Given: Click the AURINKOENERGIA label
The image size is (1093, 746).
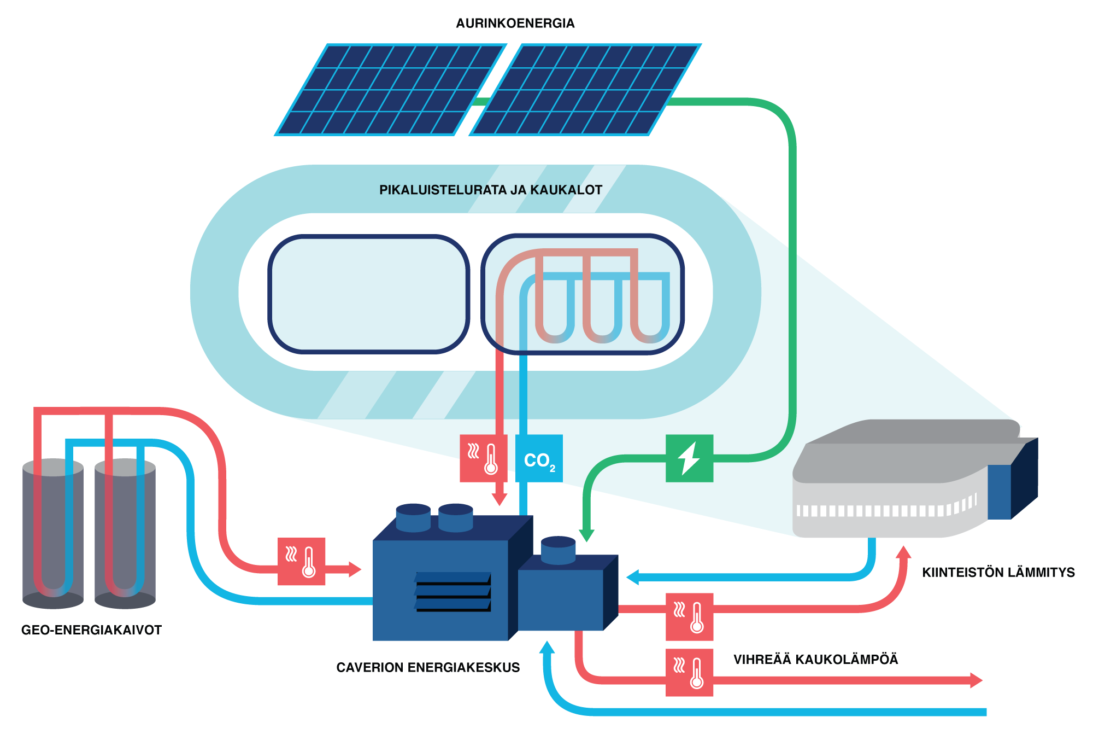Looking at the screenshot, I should [x=515, y=24].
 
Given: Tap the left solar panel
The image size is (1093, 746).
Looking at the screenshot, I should [x=389, y=90].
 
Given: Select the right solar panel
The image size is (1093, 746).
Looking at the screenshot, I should [x=585, y=90].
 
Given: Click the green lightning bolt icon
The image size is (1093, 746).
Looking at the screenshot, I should [x=689, y=458].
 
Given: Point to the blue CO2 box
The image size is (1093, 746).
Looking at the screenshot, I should [x=539, y=458].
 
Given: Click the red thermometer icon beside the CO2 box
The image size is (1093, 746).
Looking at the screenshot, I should [x=483, y=458].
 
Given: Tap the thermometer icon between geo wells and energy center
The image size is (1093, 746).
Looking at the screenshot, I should [x=301, y=561].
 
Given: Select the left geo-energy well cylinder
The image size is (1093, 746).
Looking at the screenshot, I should [x=53, y=533].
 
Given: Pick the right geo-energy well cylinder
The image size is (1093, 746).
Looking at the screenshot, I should [x=125, y=533].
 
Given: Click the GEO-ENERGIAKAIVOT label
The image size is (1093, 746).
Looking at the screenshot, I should [x=91, y=630].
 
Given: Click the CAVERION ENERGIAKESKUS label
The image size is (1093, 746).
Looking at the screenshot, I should [x=428, y=667].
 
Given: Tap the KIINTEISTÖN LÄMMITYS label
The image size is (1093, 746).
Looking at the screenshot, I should [x=998, y=573].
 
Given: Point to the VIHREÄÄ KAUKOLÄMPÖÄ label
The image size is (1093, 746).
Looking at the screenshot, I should [x=815, y=660].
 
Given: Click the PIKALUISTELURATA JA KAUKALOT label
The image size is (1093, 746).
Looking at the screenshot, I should [x=490, y=190].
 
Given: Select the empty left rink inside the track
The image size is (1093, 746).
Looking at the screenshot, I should [x=368, y=294].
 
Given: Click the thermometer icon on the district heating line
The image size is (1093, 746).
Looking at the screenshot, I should [x=689, y=672].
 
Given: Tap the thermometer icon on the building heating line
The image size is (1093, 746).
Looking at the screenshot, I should [x=689, y=616].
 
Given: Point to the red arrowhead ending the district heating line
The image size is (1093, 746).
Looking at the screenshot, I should [x=976, y=680].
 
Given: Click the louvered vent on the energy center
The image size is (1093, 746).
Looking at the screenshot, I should [x=453, y=592].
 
